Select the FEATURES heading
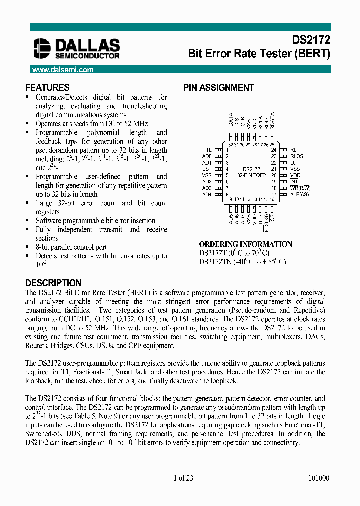tap(47, 87)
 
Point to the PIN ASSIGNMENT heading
tap(219, 87)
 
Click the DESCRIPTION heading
tap(53, 283)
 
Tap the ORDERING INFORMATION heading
tap(246, 244)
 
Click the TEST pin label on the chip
tap(206, 169)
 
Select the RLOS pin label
tap(297, 156)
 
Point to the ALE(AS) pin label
tap(300, 194)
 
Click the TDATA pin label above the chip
tap(231, 121)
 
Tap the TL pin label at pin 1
tap(209, 150)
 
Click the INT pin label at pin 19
tap(294, 182)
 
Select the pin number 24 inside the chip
tap(273, 150)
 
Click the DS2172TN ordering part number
tap(214, 261)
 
